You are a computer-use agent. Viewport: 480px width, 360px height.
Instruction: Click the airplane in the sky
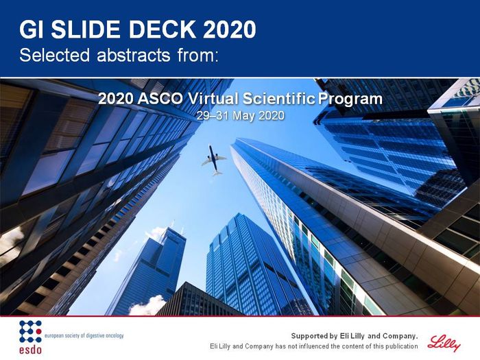[x=214, y=160]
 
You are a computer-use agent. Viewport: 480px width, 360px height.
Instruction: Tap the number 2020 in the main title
[x=230, y=29]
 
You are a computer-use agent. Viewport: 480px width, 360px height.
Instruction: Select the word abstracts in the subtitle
[x=134, y=56]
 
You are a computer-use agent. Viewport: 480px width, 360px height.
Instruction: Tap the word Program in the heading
[x=350, y=99]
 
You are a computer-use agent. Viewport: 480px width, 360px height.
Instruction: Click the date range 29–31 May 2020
[x=240, y=116]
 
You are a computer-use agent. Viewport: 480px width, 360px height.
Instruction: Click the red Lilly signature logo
[x=444, y=343]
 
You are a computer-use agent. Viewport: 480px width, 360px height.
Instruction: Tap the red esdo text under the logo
[x=30, y=349]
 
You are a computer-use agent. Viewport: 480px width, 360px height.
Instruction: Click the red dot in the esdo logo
[x=39, y=331]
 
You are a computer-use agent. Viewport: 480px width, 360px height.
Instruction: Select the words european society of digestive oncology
[x=84, y=335]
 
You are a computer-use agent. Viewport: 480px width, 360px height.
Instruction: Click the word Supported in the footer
[x=310, y=336]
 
